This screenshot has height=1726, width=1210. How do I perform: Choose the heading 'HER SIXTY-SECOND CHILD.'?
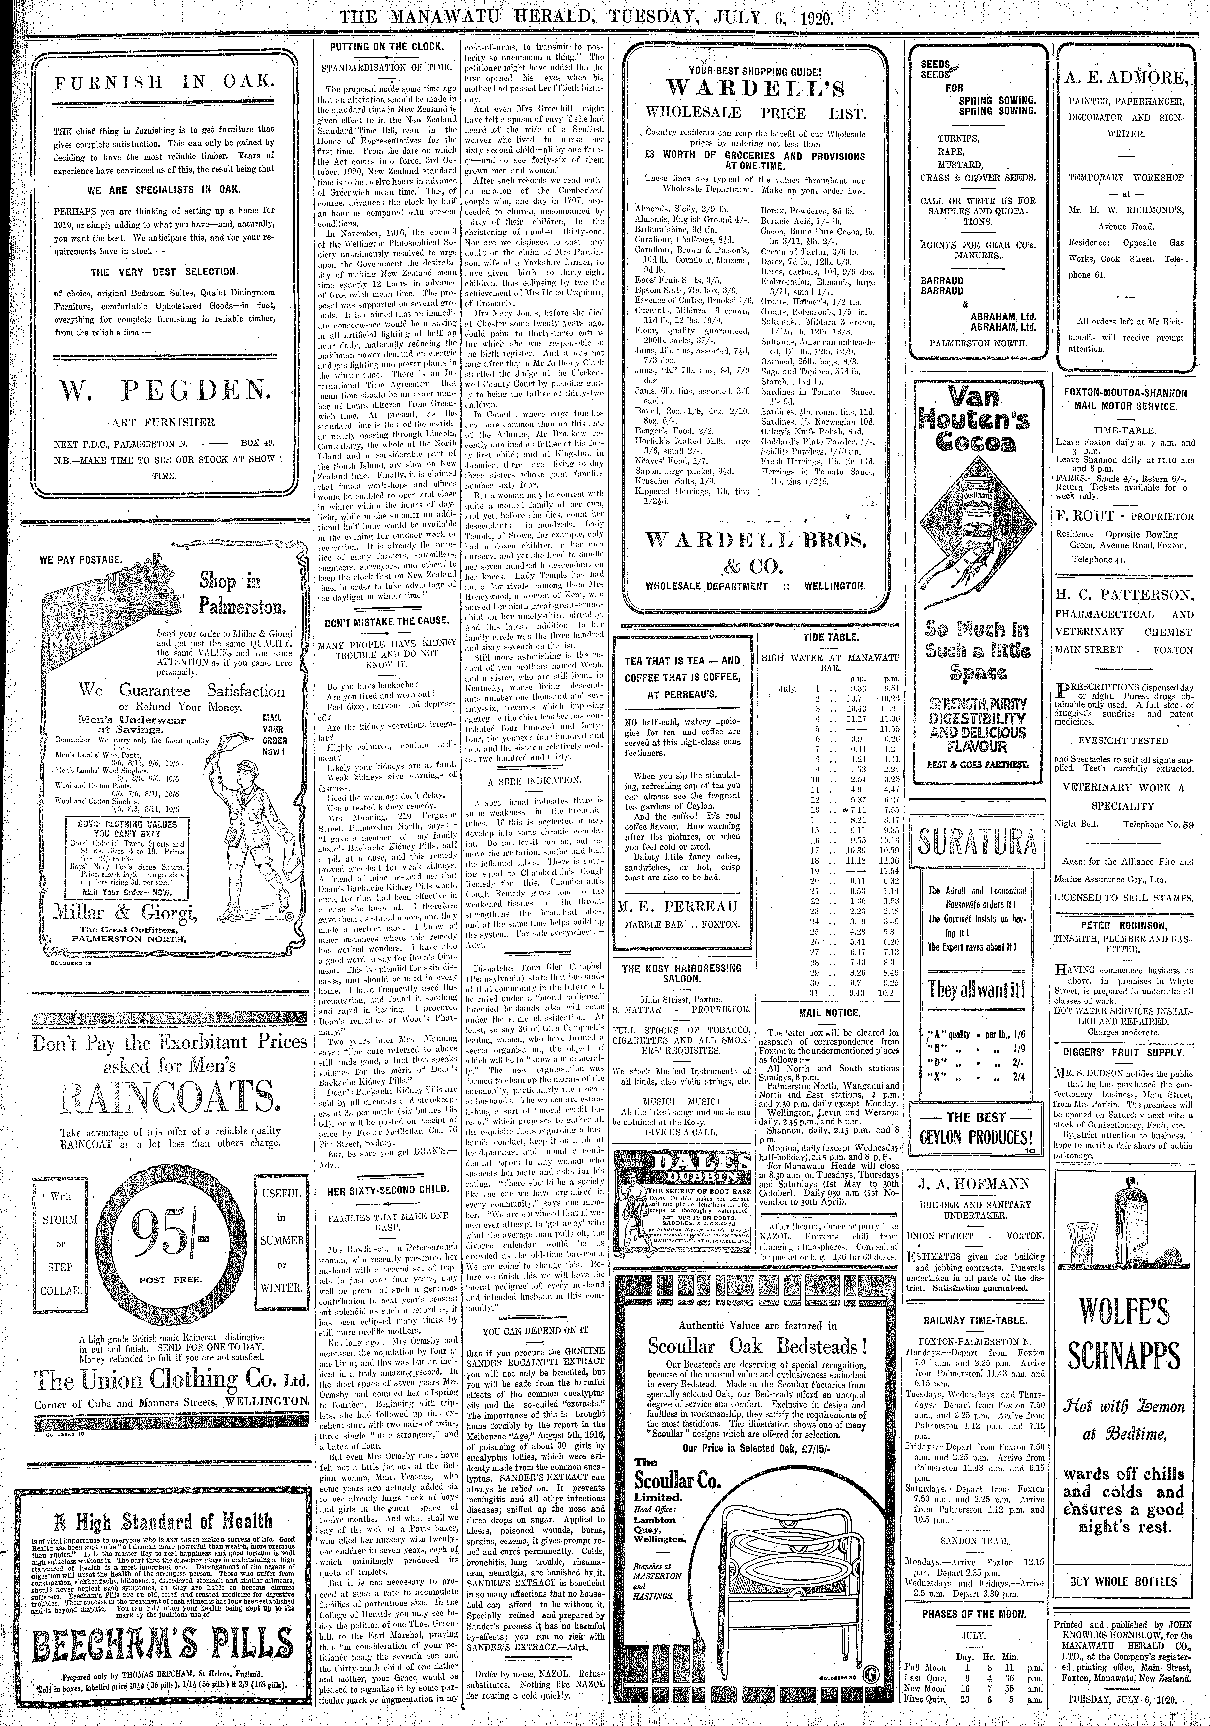pyautogui.click(x=389, y=1189)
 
